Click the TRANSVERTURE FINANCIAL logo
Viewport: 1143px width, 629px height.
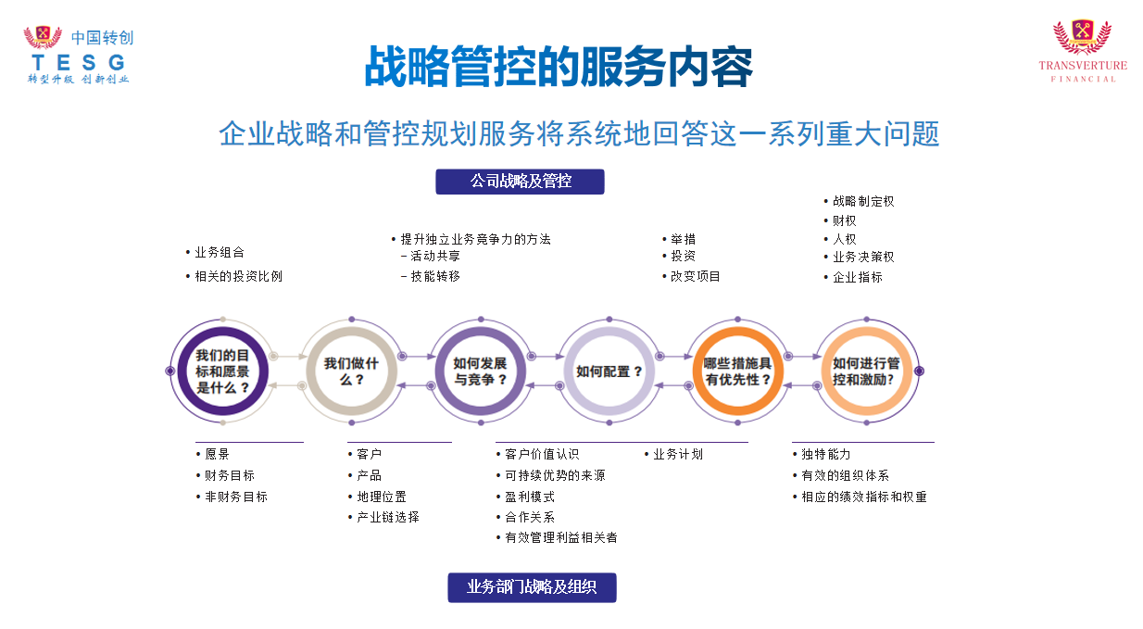1082,51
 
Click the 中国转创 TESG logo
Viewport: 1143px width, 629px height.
79,55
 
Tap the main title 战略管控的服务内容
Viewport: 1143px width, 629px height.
559,67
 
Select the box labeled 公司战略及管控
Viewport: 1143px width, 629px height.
520,182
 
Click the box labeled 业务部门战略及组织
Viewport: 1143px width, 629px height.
532,587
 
